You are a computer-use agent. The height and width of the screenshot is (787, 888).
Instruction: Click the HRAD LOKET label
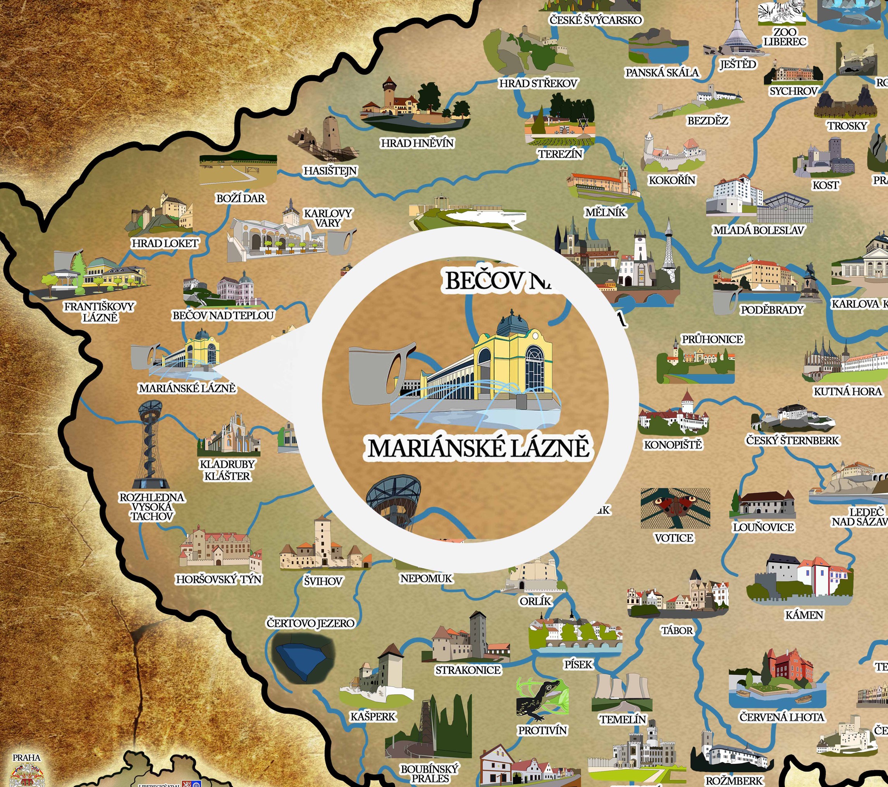coord(165,243)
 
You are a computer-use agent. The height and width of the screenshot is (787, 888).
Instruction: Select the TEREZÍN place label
coord(560,154)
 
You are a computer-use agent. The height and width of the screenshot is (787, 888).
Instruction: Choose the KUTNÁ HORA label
coord(848,391)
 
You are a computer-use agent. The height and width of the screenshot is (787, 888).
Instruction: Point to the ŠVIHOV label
coord(323,581)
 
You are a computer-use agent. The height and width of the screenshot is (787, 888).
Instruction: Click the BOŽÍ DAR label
coord(240,198)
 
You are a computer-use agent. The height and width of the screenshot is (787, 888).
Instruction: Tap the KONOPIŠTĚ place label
coord(673,445)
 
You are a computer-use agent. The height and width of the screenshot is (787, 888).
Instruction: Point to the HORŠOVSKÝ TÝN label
coord(219,580)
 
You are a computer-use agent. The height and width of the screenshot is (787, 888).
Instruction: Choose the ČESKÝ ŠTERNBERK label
coord(792,441)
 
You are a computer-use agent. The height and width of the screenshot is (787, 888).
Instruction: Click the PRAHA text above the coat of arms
coord(26,758)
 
